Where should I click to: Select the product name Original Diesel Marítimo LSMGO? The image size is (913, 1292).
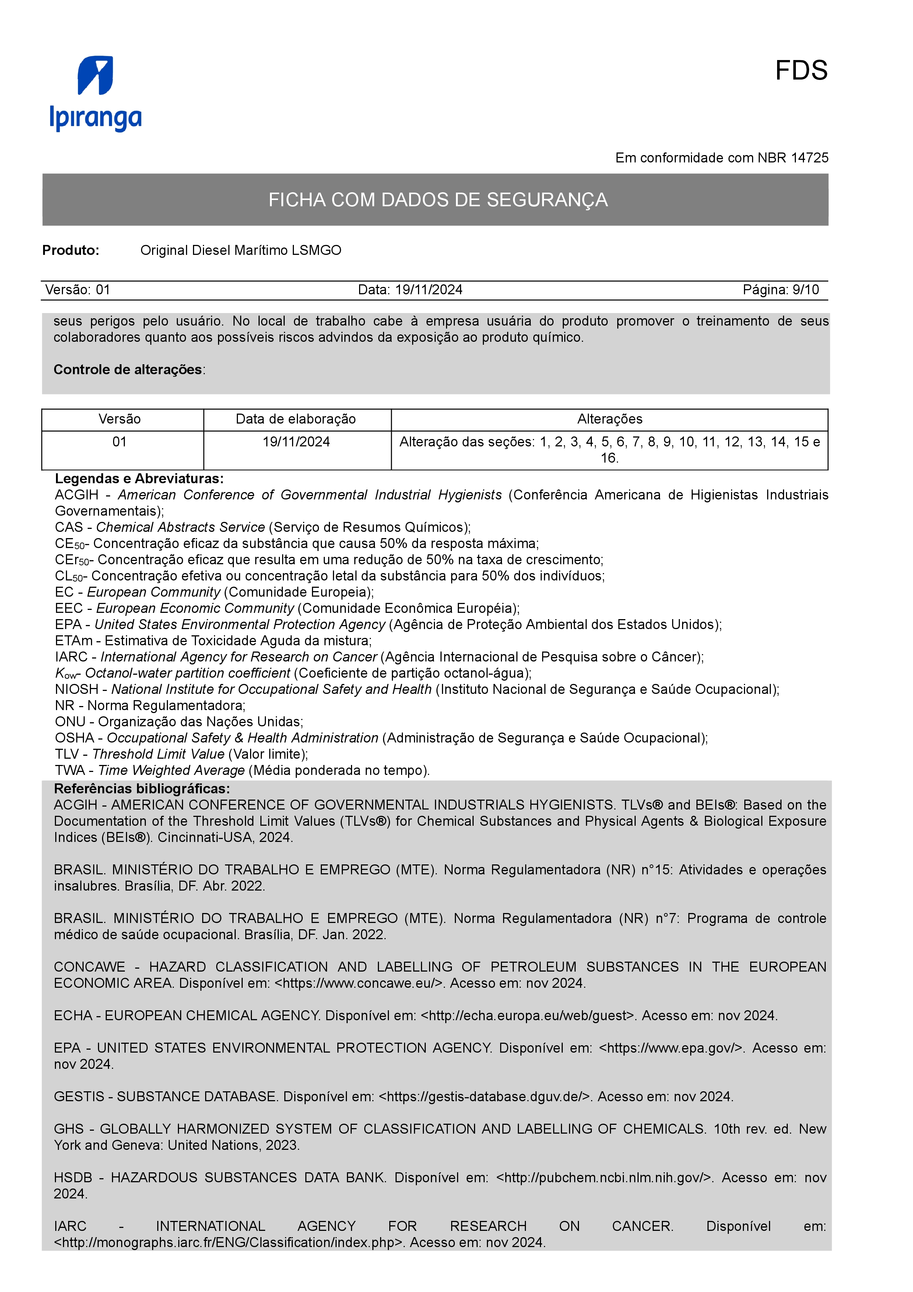click(241, 250)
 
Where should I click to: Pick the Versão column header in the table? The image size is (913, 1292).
click(119, 419)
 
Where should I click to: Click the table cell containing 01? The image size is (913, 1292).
click(119, 442)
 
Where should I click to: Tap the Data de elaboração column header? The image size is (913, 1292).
click(296, 419)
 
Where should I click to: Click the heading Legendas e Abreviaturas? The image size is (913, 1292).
click(139, 479)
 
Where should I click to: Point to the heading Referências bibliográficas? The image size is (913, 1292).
click(142, 789)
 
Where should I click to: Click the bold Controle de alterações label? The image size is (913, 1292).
click(128, 370)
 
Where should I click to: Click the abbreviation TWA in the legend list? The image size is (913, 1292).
click(70, 771)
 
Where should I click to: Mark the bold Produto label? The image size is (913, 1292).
click(71, 250)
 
